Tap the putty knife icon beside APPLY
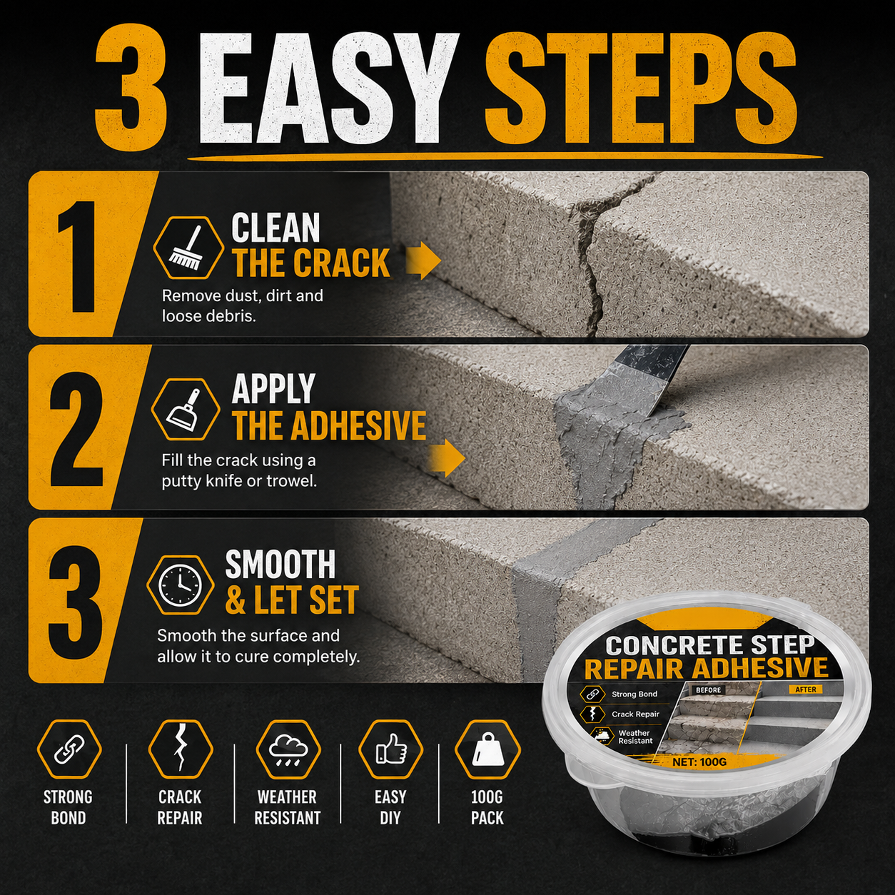coord(185,409)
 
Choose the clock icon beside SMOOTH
coord(180,586)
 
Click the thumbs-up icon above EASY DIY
coord(391,748)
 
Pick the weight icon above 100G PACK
coord(487,748)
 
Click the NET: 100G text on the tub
coord(699,762)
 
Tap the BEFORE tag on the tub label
coord(708,690)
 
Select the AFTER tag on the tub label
coord(805,689)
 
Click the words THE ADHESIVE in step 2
coord(329,425)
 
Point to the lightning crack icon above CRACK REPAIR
coord(181,748)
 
